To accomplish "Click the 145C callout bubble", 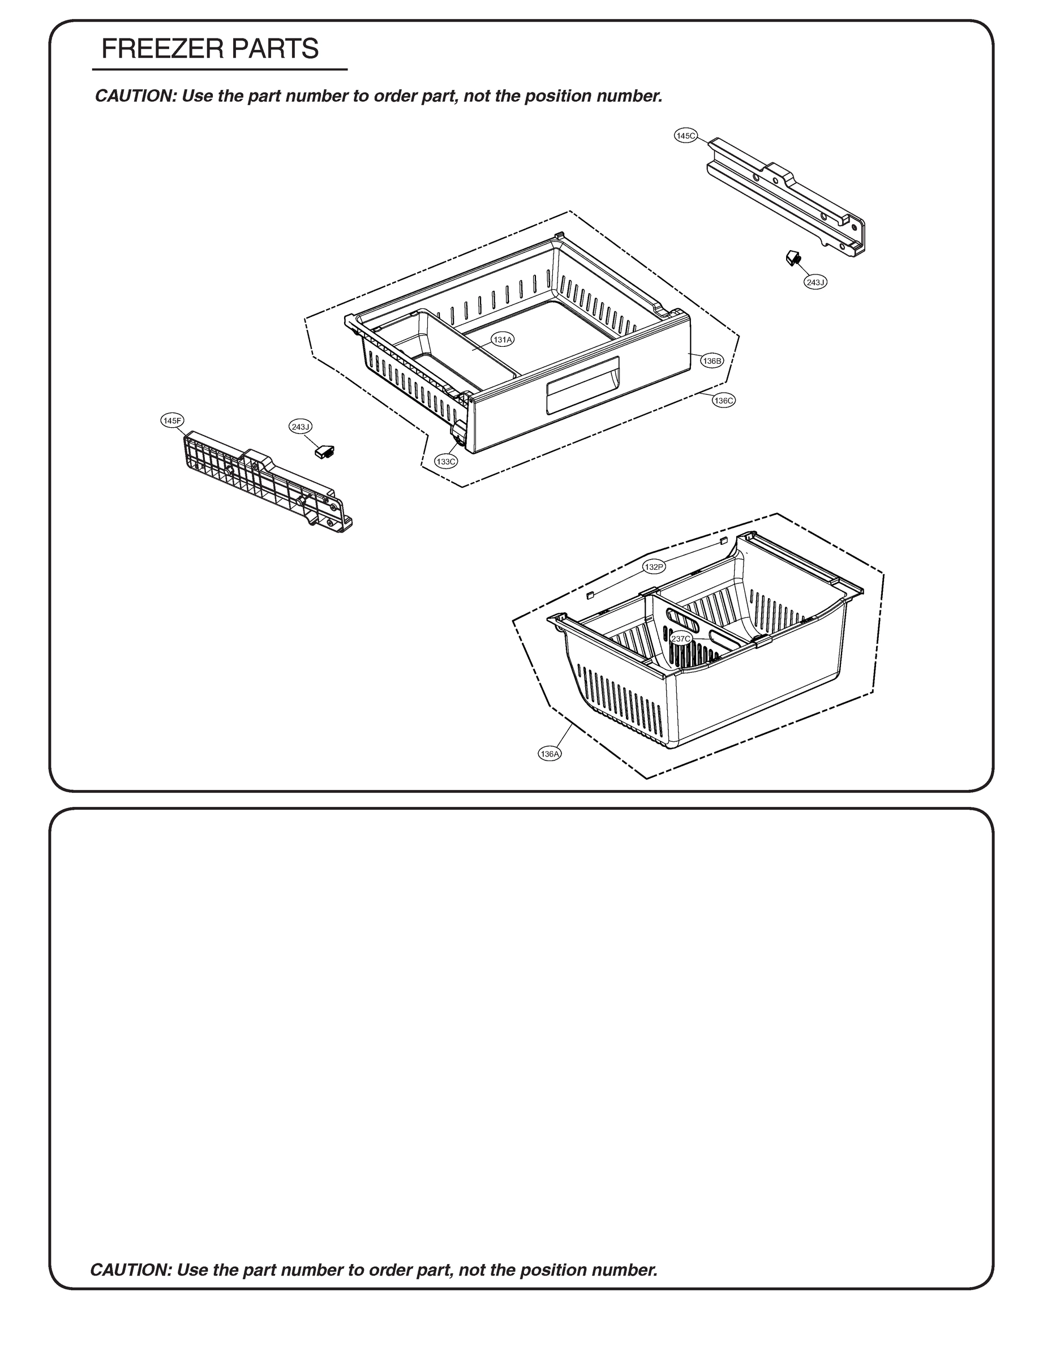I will (x=686, y=135).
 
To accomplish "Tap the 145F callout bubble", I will (x=172, y=421).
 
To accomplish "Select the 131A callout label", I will (x=502, y=339).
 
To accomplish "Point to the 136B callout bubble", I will (x=712, y=360).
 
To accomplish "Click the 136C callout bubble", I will (x=724, y=401).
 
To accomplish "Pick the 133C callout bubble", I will (x=447, y=462).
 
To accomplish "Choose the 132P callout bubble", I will (x=654, y=566).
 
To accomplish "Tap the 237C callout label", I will (x=681, y=639).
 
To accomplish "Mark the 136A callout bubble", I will (x=550, y=754).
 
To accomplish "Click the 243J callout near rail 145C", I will (x=815, y=282).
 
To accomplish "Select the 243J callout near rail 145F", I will (x=301, y=427).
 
